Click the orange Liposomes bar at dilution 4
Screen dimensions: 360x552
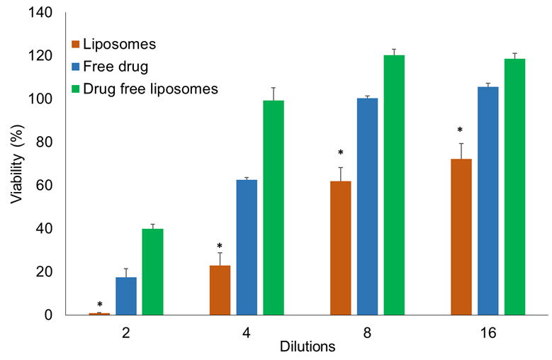(220, 291)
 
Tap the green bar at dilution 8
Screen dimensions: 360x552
(394, 185)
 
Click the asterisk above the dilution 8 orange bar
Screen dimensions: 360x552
(341, 154)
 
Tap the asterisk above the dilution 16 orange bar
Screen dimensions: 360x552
(460, 131)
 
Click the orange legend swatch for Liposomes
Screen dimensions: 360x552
(76, 45)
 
